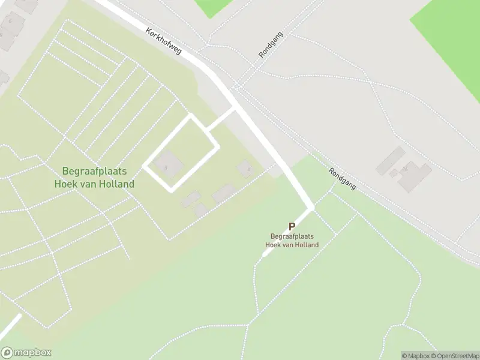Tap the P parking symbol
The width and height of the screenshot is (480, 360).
(292, 227)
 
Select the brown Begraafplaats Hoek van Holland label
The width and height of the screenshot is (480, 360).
(293, 241)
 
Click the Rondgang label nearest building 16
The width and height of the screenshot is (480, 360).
(342, 179)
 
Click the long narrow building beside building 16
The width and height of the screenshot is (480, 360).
(390, 160)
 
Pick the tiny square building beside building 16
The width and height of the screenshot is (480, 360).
(394, 173)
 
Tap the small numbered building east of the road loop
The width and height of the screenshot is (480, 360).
(245, 168)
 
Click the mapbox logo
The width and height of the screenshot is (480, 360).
(26, 353)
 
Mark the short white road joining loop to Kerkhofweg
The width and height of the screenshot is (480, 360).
(220, 119)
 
